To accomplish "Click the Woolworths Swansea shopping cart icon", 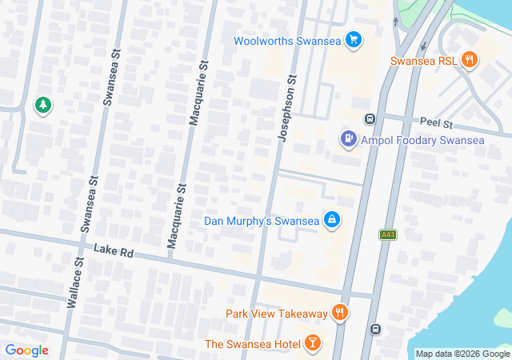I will [354, 41].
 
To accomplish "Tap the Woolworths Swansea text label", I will [287, 41].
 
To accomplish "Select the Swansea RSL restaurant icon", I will [470, 60].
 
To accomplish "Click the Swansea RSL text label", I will [424, 61].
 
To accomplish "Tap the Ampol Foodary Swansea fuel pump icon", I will [348, 140].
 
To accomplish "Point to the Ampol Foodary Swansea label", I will [422, 141].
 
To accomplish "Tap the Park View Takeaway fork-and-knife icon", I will [341, 314].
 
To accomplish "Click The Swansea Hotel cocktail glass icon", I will [311, 344].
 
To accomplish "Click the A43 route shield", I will [388, 234].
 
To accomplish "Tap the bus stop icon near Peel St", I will [370, 119].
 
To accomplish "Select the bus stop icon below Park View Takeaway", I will [374, 329].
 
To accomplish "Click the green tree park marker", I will [42, 105].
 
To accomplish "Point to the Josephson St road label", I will [286, 110].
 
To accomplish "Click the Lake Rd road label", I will [113, 251].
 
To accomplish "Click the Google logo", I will [26, 350].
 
